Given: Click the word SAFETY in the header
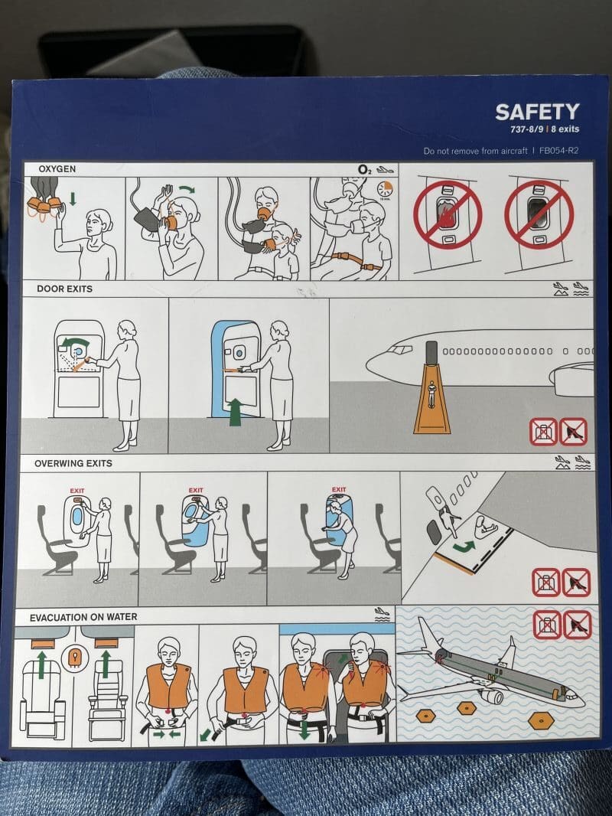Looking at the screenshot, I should tap(536, 112).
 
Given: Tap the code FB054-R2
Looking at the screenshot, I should tap(558, 152).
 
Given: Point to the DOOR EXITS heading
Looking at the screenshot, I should tap(64, 289).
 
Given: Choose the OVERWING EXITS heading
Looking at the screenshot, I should tap(73, 463).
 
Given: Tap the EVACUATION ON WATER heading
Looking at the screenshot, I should tap(83, 616).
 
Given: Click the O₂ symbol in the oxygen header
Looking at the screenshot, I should tap(363, 169).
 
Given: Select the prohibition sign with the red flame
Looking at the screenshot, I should tap(448, 214).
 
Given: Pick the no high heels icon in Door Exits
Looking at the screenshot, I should tap(573, 432).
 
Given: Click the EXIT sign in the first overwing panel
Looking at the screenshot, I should tap(76, 491).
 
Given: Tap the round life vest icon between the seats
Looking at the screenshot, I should tap(74, 657).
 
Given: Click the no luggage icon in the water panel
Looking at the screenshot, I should tap(546, 624).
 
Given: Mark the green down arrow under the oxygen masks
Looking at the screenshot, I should tap(73, 199).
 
